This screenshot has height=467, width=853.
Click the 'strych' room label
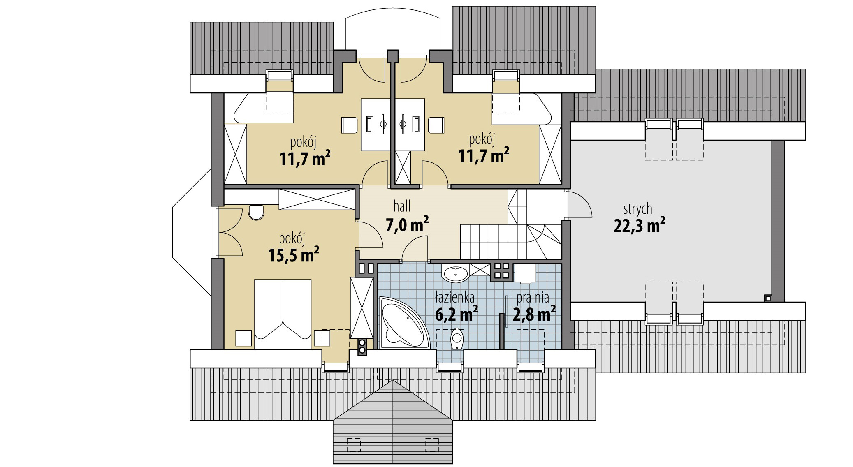[x=637, y=209]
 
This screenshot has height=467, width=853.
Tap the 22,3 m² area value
[x=640, y=226]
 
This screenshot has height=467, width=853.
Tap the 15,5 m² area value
[x=294, y=254]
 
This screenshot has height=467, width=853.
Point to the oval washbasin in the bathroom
[x=455, y=273]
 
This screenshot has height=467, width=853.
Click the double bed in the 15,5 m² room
[x=283, y=314]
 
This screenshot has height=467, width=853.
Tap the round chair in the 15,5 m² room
[x=256, y=212]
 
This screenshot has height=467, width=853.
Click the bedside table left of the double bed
[x=243, y=338]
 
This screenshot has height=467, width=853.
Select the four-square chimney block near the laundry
[x=502, y=271]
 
